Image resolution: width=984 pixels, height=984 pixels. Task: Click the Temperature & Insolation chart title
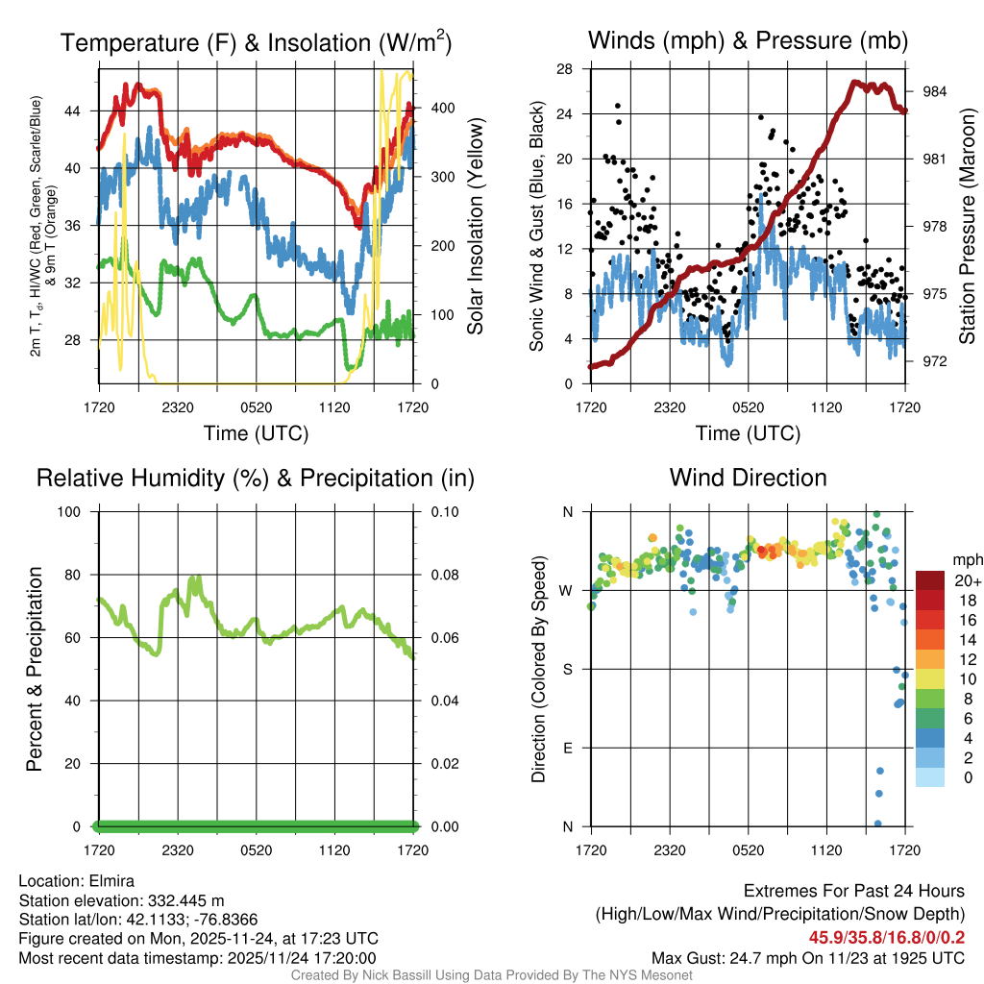[x=256, y=42]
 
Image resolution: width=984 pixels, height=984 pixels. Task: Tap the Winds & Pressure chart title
[x=749, y=40]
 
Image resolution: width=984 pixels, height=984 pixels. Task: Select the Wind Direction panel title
[x=748, y=477]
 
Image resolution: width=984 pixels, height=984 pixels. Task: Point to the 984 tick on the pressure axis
[x=935, y=91]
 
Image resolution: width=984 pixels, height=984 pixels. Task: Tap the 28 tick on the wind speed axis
[x=565, y=68]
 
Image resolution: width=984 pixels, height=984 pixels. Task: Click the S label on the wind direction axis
[x=567, y=669]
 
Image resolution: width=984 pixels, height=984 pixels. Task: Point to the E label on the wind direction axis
[x=567, y=748]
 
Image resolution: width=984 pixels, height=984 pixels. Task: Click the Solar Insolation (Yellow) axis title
[x=475, y=227]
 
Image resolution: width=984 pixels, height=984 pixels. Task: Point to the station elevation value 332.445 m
[x=185, y=900]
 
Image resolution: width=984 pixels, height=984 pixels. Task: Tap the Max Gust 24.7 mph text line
[x=808, y=957]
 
